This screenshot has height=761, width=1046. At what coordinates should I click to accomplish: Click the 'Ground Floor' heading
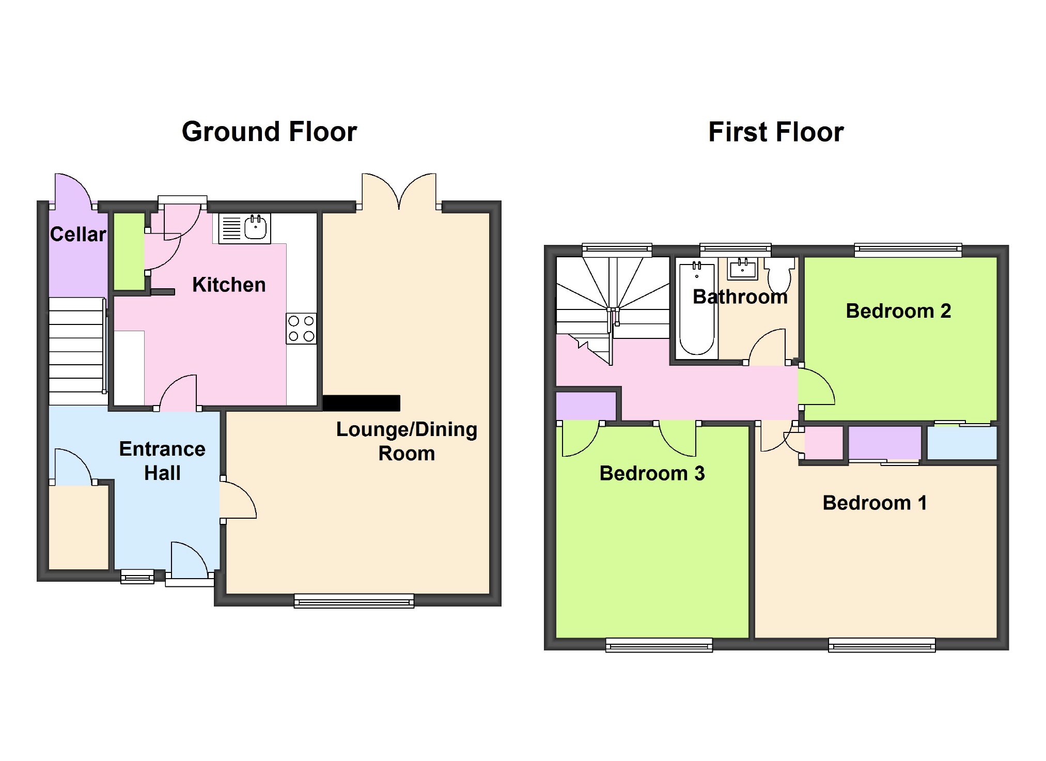point(269,132)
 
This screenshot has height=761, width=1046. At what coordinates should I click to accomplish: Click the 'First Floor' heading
point(776,132)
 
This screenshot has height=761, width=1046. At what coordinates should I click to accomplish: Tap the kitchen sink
point(244,228)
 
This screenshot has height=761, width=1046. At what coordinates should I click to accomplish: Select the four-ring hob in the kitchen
point(301,329)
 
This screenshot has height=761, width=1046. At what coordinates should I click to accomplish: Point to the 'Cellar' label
point(78,234)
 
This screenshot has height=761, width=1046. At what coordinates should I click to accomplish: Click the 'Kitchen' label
point(229,285)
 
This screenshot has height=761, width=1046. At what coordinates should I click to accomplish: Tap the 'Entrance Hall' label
point(162,461)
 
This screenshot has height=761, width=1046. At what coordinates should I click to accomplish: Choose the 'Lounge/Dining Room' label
point(407,441)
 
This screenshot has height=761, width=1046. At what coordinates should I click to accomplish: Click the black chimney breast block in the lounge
point(362,403)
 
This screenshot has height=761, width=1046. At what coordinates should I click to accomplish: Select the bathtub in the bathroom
point(697,308)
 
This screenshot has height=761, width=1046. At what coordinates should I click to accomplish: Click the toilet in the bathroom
point(779,274)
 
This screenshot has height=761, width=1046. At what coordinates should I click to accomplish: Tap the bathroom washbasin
point(743,268)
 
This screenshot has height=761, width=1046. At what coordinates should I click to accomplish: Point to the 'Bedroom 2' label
point(898,311)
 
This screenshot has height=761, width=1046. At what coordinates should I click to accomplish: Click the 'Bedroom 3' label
point(652,473)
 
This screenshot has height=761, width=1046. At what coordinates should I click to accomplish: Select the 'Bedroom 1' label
point(875,503)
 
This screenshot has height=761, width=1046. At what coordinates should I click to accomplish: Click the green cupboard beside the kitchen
point(129,252)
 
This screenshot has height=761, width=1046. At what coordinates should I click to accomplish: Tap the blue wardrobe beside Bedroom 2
point(962,442)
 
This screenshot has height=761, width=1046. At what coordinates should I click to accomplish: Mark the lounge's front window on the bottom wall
point(354,600)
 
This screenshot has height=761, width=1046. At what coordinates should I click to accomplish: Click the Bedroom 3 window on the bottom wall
point(659,645)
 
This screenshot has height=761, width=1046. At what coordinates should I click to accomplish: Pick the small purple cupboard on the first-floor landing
point(586,406)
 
